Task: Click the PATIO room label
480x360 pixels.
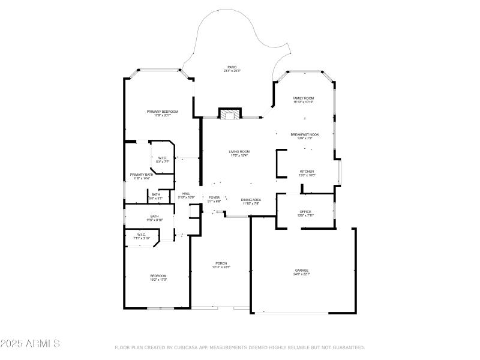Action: (232, 67)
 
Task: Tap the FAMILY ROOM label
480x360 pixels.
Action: (303, 98)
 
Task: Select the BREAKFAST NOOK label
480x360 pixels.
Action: (305, 135)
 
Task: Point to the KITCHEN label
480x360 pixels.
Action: (307, 172)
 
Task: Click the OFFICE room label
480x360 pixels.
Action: (305, 212)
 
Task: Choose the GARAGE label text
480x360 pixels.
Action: (301, 271)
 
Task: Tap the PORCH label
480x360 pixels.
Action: (221, 264)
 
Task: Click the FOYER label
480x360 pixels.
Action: (214, 197)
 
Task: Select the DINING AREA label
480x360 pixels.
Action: (251, 200)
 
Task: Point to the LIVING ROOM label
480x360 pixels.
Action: (239, 152)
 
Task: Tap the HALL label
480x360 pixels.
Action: (186, 194)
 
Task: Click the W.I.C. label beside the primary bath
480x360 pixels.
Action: (163, 158)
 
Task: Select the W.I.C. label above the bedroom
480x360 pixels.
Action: (141, 235)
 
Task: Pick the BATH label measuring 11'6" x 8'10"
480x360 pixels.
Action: (155, 217)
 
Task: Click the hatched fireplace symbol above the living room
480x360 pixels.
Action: (229, 114)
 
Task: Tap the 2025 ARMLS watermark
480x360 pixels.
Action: (30, 344)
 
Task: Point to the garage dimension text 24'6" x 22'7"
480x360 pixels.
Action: (301, 274)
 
